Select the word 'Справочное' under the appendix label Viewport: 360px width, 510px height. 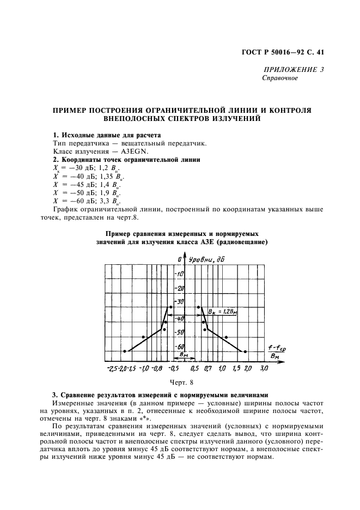pyautogui.click(x=280, y=78)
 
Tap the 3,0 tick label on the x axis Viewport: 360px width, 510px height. pyautogui.click(x=264, y=369)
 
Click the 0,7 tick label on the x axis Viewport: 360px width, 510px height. pyautogui.click(x=208, y=369)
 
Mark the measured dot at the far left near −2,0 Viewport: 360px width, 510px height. pyautogui.click(x=125, y=351)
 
